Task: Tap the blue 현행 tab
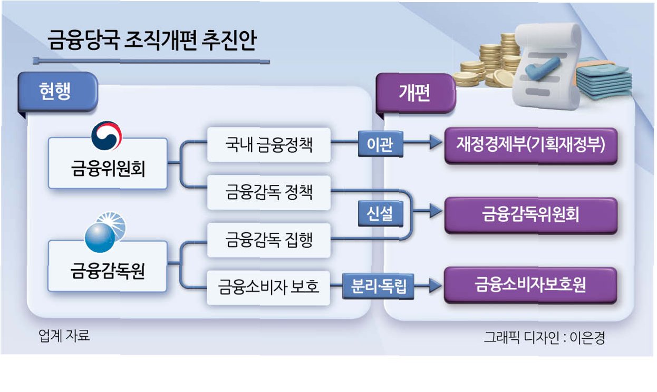[56, 92]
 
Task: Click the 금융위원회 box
[108, 163]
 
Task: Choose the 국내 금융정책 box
[269, 144]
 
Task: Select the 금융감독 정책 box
[269, 192]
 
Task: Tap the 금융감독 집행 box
[269, 240]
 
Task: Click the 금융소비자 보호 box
[269, 288]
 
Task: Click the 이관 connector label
[380, 144]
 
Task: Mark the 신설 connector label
[380, 214]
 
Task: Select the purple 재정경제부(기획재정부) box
[530, 145]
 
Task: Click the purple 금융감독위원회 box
[530, 215]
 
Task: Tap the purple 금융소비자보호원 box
[530, 285]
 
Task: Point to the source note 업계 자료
[64, 336]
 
